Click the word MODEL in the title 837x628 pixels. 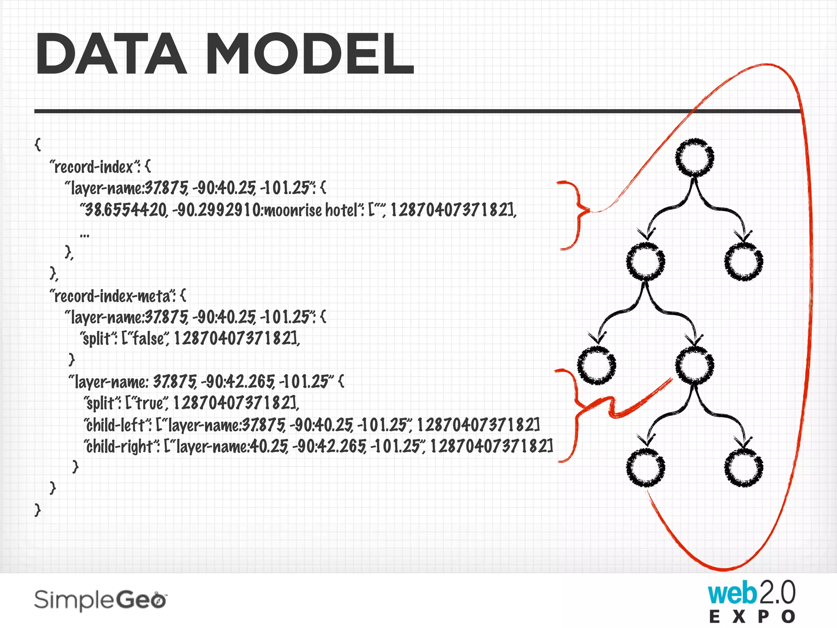310,54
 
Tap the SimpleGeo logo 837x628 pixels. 101,600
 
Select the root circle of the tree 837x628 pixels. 694,158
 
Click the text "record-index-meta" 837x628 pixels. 112,296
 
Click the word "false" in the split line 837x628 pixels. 148,339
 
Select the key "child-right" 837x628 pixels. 121,446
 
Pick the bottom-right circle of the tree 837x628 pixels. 743,467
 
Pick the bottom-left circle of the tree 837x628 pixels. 645,467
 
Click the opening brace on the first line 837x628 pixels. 38,144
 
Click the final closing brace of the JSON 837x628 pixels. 38,509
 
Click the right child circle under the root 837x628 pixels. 743,261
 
